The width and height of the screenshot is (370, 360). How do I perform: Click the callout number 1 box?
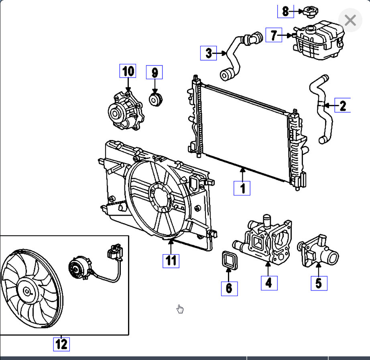(x=242, y=188)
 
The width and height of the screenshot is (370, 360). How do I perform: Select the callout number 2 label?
(x=342, y=105)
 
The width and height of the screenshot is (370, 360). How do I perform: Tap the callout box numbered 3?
(x=209, y=53)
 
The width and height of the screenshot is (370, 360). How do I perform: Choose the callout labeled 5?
(x=319, y=283)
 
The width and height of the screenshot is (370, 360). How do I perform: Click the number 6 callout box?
(x=229, y=288)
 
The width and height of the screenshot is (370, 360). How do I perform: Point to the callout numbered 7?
(x=274, y=35)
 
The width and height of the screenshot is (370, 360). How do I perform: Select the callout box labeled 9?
(x=155, y=73)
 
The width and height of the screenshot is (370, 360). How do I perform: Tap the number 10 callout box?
(x=128, y=71)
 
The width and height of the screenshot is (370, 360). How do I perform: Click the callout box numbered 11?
(x=171, y=260)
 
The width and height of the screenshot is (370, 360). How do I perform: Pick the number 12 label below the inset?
(x=61, y=344)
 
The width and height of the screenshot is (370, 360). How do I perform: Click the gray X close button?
(x=350, y=20)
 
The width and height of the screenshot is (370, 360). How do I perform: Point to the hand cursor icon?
(x=181, y=309)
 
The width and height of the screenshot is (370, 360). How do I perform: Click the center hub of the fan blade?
(x=27, y=292)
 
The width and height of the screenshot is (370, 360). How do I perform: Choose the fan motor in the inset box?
(x=77, y=267)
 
